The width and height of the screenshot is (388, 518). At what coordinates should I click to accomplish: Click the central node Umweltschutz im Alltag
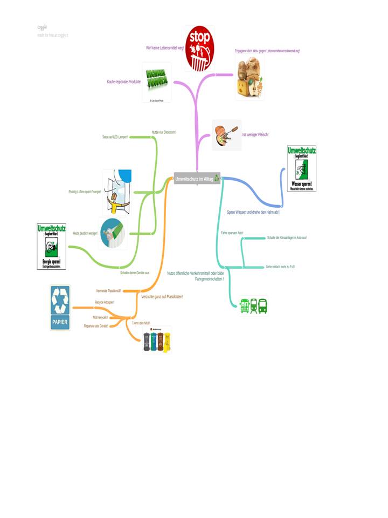tap(197, 178)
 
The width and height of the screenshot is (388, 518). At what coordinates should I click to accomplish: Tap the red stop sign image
tap(200, 49)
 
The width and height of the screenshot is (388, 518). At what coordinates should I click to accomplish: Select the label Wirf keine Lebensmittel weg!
tap(165, 48)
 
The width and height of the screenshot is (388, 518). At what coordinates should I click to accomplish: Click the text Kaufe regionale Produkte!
tap(124, 82)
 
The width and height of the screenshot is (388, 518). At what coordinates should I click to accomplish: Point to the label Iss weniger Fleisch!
tap(255, 134)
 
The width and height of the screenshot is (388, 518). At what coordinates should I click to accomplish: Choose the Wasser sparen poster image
tap(302, 168)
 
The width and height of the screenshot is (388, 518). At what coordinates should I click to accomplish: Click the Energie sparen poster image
tap(52, 246)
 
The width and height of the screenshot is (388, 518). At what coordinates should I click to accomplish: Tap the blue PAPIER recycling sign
tap(60, 308)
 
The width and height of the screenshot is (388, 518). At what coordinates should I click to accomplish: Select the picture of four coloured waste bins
tap(157, 340)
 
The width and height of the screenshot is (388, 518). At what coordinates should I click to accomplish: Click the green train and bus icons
tap(253, 306)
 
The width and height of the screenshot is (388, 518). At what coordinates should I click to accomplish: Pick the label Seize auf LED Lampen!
tap(115, 138)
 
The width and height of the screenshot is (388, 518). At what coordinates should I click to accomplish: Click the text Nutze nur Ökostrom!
tap(164, 132)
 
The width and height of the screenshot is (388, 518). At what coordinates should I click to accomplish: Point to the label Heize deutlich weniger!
tap(85, 234)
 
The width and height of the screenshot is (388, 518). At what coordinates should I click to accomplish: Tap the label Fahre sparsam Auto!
tap(232, 233)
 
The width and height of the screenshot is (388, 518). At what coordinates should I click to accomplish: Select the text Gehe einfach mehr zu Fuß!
tap(280, 267)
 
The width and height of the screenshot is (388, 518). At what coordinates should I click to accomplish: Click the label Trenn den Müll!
tap(141, 323)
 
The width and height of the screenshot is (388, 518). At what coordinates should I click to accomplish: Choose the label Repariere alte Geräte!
tap(96, 326)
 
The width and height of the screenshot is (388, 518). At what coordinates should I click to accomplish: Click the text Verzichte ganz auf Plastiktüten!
tap(162, 297)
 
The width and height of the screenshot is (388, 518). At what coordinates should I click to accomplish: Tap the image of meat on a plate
tap(227, 135)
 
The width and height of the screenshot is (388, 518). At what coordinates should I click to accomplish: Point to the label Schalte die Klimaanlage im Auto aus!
tap(287, 238)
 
